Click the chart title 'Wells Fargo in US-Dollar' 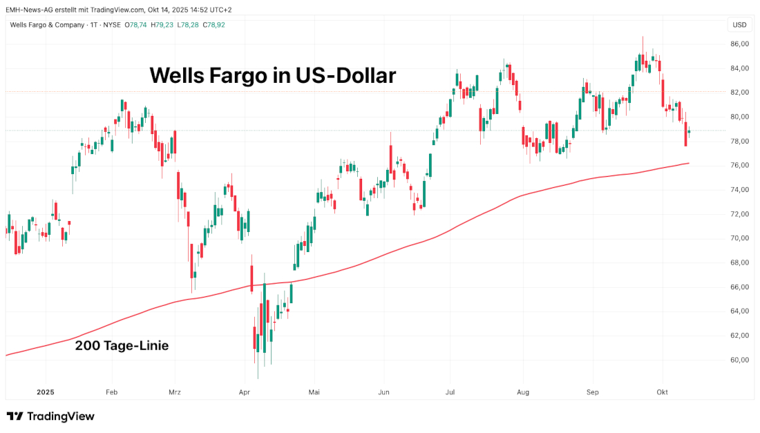[273, 75]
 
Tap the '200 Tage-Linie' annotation [122, 346]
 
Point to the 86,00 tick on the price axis [739, 44]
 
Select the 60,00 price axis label [739, 360]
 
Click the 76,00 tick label [739, 166]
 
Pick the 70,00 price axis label [739, 238]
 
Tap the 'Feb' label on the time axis [111, 392]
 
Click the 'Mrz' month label [175, 392]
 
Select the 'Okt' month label [662, 392]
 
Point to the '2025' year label [46, 392]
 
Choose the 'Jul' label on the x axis [450, 392]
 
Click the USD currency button [739, 25]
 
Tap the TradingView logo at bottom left [50, 416]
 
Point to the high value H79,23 [162, 25]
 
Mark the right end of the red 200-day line [689, 163]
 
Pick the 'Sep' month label [591, 392]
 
